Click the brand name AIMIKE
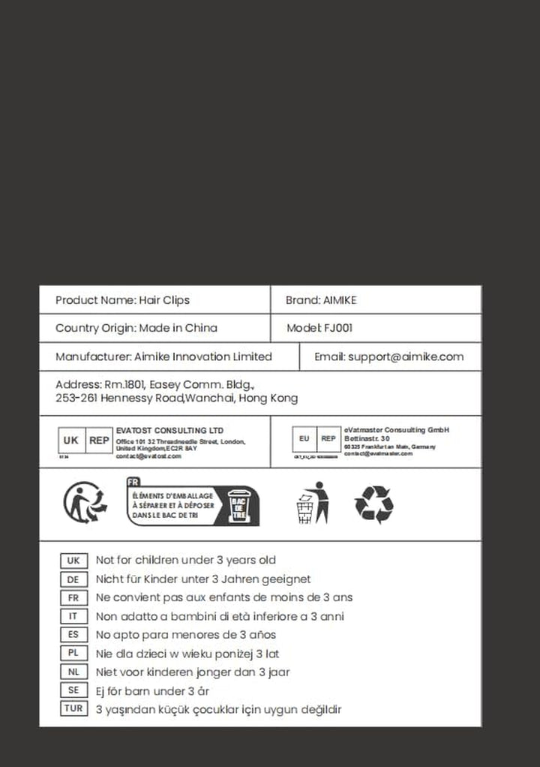tap(340, 300)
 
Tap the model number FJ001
tap(338, 328)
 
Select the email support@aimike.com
tap(406, 357)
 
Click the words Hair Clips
tap(164, 300)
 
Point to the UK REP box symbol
tap(85, 441)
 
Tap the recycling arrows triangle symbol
tap(373, 504)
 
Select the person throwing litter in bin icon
tap(310, 503)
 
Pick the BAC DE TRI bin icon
tap(238, 507)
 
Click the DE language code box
tap(73, 579)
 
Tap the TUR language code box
tap(73, 708)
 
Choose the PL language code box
tap(73, 653)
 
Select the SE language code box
tap(73, 690)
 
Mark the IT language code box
tap(73, 616)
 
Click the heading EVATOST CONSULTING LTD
tap(169, 430)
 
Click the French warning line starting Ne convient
tap(223, 598)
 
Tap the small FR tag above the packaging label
tap(134, 483)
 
